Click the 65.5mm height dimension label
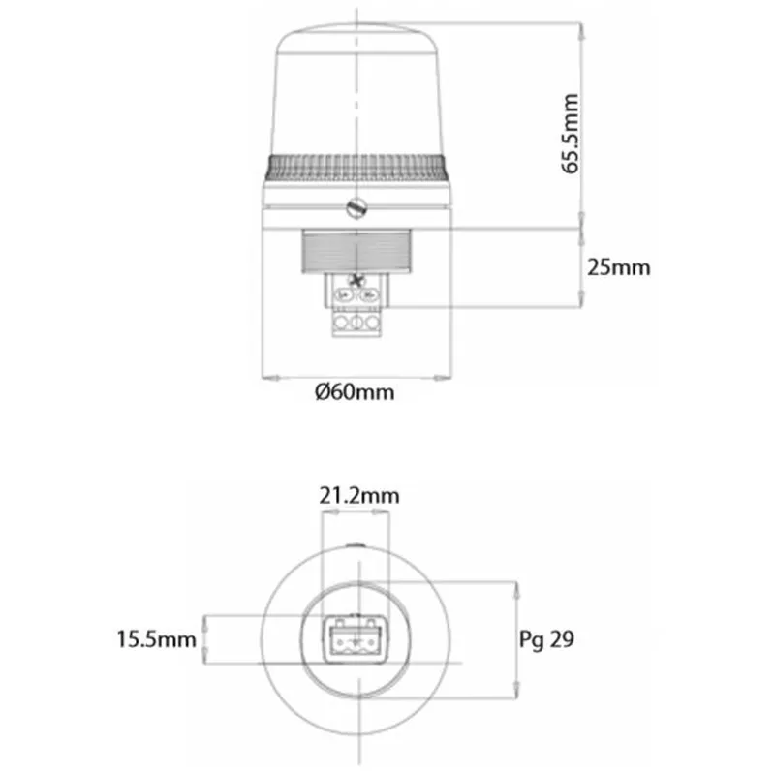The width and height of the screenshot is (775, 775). pos(571,134)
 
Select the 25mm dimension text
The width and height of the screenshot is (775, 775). pos(619,267)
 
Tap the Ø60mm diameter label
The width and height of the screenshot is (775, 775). pos(355,392)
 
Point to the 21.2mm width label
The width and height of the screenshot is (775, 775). pos(359,496)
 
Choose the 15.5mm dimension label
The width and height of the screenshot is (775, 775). pos(156,639)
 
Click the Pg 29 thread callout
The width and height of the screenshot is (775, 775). pos(546,639)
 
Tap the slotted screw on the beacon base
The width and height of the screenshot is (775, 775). pos(356,208)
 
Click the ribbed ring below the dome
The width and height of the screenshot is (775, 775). pos(356,168)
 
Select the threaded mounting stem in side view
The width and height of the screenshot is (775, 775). pos(356,251)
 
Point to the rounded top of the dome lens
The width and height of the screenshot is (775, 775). pos(356,37)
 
